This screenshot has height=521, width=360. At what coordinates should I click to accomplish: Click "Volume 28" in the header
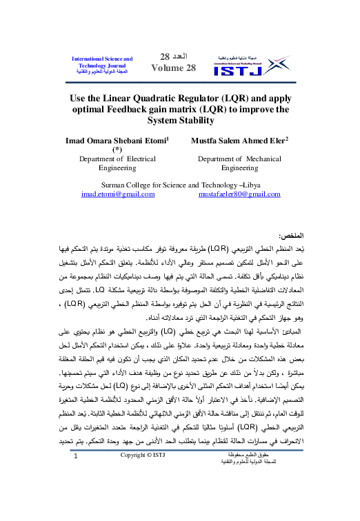coord(172,68)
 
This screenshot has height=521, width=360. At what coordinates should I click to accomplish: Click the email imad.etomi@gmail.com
coord(117,195)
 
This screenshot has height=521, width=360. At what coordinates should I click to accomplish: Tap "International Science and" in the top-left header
coord(102,60)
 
